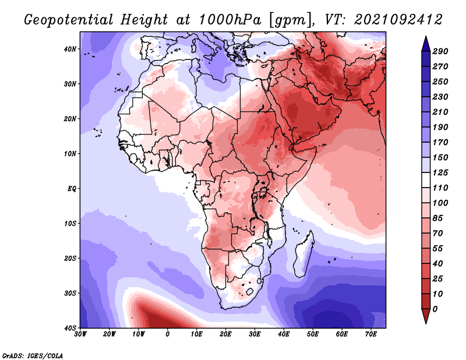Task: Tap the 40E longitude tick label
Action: [284, 334]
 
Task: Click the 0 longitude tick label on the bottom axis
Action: [168, 334]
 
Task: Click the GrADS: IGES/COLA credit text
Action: [33, 355]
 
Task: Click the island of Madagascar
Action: [304, 255]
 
